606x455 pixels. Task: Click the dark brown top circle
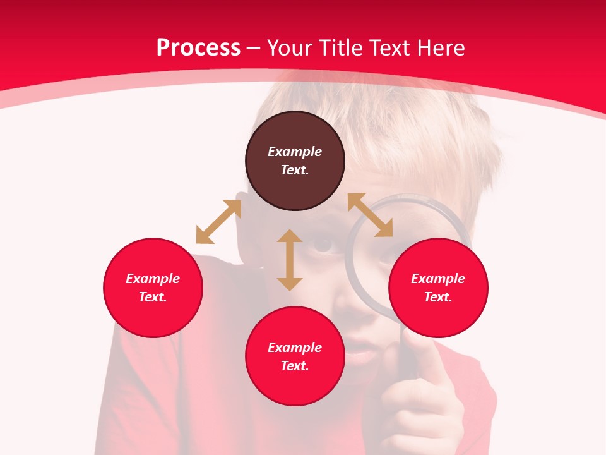[x=295, y=161]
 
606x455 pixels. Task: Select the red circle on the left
[x=153, y=288]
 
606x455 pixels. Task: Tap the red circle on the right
[x=438, y=288]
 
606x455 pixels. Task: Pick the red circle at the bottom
[x=295, y=356]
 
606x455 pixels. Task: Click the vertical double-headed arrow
[x=290, y=260]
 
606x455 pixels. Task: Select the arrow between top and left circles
[x=218, y=222]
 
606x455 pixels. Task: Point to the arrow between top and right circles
[x=370, y=215]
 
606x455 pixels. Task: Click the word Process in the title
[x=198, y=47]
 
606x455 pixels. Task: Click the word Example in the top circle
[x=295, y=152]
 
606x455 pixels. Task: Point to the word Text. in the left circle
[x=153, y=297]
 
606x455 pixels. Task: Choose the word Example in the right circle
[x=438, y=279]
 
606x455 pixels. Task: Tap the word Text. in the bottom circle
[x=295, y=366]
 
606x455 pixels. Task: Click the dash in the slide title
[x=254, y=48]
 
